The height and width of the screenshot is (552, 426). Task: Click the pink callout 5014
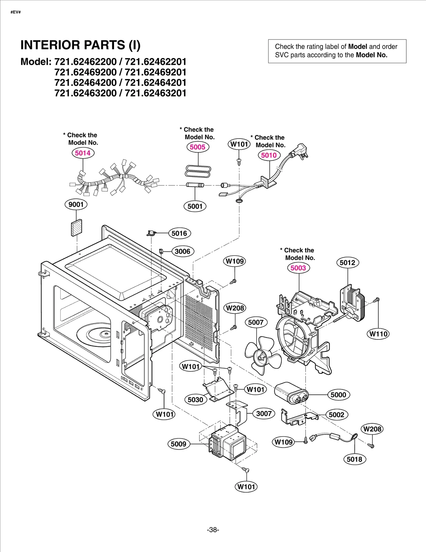(83, 153)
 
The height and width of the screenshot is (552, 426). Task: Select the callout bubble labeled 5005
(198, 147)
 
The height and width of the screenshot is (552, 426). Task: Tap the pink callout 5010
(269, 155)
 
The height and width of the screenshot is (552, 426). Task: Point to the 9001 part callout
(76, 205)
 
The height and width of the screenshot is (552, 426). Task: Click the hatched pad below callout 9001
(77, 228)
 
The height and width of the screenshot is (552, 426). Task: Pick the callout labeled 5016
(179, 234)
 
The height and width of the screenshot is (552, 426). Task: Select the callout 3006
(183, 251)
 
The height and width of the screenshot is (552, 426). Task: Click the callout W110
(378, 334)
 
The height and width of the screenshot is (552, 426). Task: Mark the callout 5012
(347, 263)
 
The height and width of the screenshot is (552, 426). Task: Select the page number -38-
(213, 530)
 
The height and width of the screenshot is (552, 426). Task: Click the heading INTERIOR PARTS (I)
(80, 45)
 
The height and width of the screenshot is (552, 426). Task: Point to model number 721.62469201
(155, 72)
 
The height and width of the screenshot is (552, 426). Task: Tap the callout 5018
(354, 459)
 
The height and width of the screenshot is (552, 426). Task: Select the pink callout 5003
(298, 268)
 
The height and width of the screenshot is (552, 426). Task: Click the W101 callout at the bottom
(246, 487)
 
